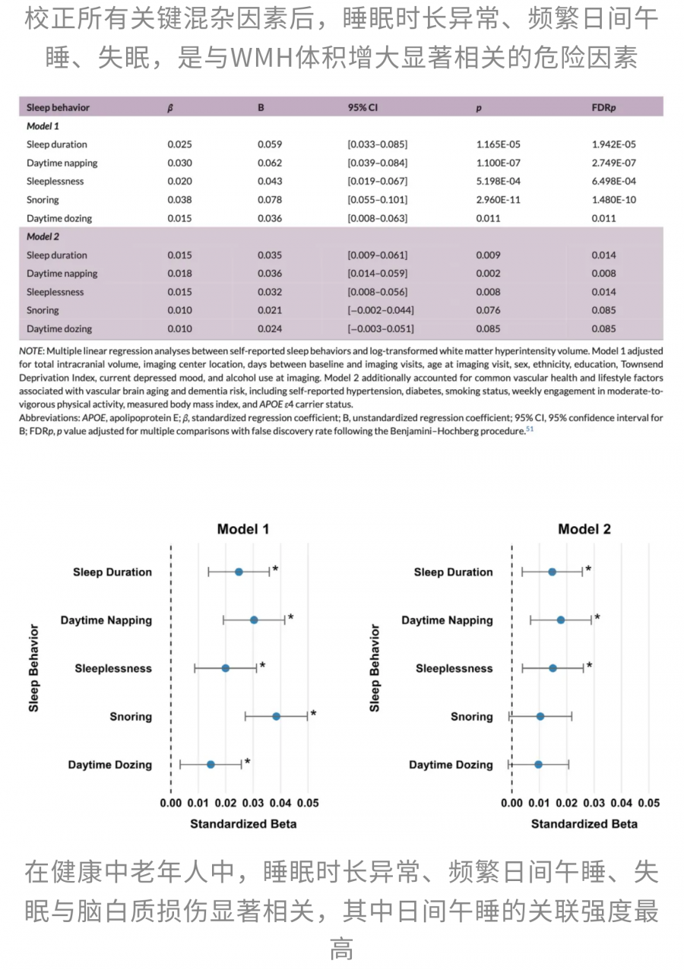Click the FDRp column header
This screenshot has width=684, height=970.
pos(603,107)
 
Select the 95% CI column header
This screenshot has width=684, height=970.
pos(363,107)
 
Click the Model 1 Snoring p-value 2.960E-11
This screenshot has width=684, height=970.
pos(499,200)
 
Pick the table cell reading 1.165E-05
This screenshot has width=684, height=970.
pos(499,144)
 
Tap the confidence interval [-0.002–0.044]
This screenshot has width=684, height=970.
pos(381,310)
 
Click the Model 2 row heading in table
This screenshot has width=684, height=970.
pos(43,236)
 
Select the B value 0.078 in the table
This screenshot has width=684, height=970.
pos(270,200)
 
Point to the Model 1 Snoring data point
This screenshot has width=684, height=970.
pos(276,716)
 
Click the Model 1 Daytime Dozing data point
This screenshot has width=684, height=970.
pos(211,764)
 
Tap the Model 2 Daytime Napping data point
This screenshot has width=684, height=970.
pos(561,620)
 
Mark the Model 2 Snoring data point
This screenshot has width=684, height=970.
pos(540,716)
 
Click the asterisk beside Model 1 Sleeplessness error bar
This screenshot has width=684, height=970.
pos(262,666)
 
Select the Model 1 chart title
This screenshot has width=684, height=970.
pos(243,529)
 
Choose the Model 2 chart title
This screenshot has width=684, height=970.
pos(584,529)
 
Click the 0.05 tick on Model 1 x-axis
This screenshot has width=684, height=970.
pos(308,804)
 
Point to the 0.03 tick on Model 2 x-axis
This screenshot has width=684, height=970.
pos(594,804)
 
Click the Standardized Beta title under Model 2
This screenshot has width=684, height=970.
pos(584,823)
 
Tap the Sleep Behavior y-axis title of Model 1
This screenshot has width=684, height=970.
pos(33,667)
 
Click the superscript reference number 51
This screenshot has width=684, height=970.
pos(530,429)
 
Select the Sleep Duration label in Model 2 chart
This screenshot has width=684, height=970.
pos(453,572)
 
